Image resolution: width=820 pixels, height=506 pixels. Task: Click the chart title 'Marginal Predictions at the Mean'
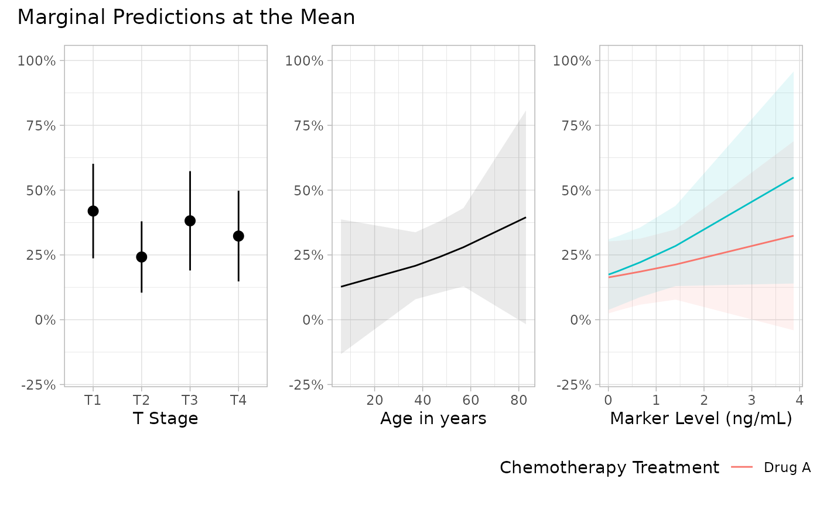coord(186,18)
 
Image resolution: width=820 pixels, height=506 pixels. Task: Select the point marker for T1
coord(93,211)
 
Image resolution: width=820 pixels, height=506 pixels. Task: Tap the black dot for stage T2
coord(142,257)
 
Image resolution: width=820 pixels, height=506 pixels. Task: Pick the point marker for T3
coord(190,221)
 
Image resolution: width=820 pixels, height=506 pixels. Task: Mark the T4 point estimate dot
coord(238,236)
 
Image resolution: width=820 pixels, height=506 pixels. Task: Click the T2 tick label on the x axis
coord(142,400)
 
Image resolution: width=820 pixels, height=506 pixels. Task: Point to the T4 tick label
coord(238,400)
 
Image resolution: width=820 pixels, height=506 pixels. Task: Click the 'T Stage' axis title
coord(165,418)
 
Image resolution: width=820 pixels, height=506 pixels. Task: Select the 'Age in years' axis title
coord(433,418)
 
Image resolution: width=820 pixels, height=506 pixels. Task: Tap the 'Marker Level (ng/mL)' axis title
coord(701,418)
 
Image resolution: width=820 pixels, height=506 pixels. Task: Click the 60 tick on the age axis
coord(471,400)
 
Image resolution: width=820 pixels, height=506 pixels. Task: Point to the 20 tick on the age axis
coord(374,400)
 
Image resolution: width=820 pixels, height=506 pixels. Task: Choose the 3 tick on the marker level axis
coord(751,400)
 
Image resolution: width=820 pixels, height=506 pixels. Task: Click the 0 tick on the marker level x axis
coord(609,400)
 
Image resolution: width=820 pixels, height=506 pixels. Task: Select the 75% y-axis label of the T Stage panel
coord(41,126)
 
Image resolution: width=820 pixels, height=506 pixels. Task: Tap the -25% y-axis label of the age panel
coord(306,385)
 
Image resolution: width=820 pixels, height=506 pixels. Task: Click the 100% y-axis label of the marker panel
coord(572,61)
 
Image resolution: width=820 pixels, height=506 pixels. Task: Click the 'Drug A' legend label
coord(787,467)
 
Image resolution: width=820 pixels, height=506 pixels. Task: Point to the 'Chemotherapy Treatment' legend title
coord(610,468)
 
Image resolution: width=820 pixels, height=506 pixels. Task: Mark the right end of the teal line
coord(793,178)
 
